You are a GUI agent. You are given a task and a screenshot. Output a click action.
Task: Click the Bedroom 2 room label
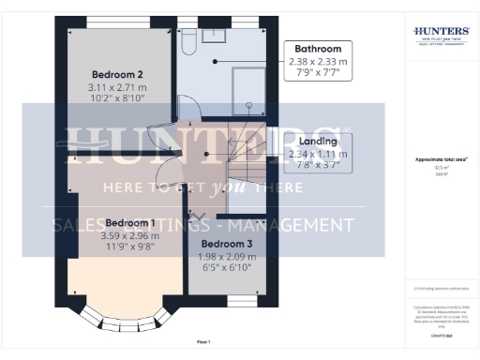(117, 73)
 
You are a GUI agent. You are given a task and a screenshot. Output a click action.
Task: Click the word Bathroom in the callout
(318, 49)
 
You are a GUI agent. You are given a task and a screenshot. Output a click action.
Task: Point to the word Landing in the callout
(318, 142)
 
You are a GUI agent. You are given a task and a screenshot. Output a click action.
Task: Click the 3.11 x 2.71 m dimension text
(117, 86)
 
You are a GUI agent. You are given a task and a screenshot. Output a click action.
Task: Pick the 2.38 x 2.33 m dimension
(318, 61)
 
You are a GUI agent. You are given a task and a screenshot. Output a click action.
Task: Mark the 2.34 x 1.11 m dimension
(318, 155)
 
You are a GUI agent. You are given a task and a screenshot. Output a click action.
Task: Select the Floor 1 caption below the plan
(203, 342)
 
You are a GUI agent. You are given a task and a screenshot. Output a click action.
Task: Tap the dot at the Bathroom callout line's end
(215, 61)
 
